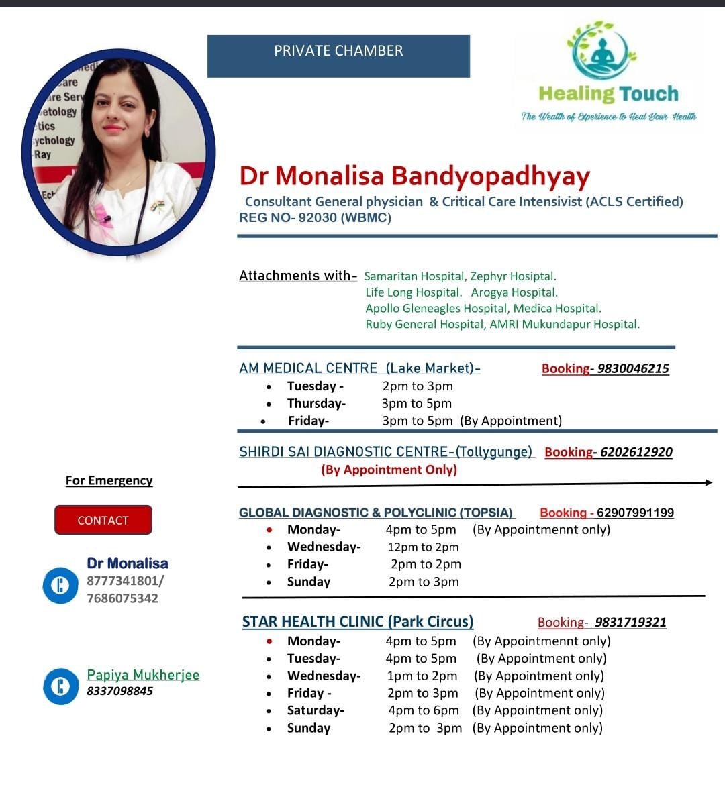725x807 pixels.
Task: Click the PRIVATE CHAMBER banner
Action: click(338, 56)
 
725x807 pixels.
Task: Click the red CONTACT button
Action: click(103, 520)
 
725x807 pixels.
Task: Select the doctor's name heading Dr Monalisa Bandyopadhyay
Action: click(415, 176)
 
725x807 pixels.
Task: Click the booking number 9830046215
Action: click(633, 368)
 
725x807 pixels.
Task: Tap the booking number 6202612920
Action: click(636, 452)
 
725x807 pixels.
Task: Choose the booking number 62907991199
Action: click(635, 513)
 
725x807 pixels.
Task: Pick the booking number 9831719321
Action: click(630, 622)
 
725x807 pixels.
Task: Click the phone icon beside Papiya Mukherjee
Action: click(60, 686)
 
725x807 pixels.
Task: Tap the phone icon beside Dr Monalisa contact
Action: click(60, 585)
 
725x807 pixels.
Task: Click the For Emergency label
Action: click(109, 480)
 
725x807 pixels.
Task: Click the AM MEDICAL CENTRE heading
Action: click(308, 368)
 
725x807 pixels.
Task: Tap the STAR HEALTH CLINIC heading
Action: click(357, 621)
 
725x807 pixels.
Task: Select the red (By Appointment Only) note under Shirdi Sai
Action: click(389, 470)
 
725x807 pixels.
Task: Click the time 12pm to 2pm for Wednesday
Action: click(423, 547)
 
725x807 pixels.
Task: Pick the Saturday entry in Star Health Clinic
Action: click(315, 710)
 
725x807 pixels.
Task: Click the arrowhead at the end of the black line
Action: click(709, 482)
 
